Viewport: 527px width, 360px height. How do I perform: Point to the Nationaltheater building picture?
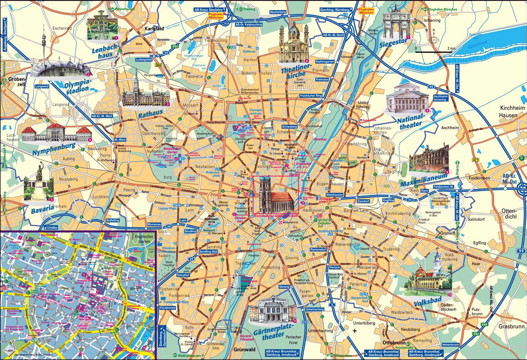click(x=405, y=99)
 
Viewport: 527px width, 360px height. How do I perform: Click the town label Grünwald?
click(x=244, y=350)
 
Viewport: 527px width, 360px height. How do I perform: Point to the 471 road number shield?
click(x=475, y=160)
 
